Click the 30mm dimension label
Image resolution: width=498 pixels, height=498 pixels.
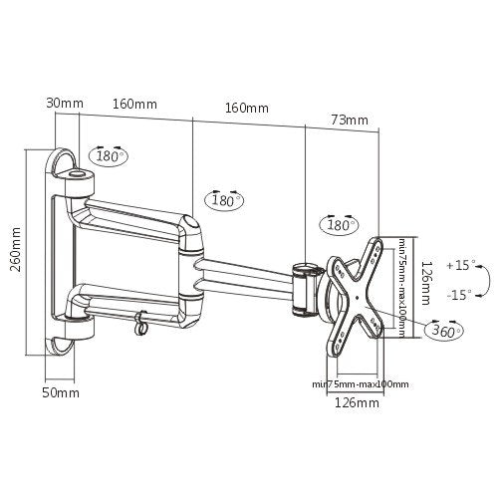(64, 102)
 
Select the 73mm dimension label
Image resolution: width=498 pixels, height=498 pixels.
(350, 121)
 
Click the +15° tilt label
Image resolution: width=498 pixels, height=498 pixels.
(461, 266)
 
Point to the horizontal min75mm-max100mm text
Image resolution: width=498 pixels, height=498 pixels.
(361, 383)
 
